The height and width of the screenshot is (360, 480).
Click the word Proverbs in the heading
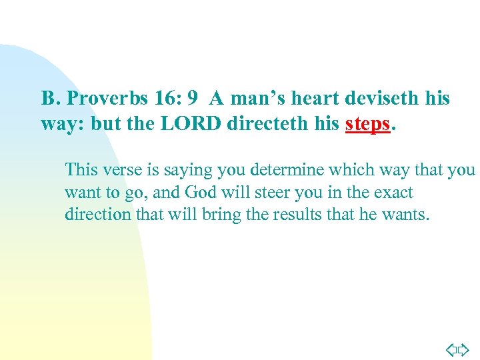pyautogui.click(x=99, y=99)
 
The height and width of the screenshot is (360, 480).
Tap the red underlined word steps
pyautogui.click(x=367, y=124)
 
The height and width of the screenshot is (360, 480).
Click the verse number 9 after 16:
pyautogui.click(x=192, y=99)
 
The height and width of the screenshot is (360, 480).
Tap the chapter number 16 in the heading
pyautogui.click(x=163, y=99)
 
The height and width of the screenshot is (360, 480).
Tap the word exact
pyautogui.click(x=393, y=193)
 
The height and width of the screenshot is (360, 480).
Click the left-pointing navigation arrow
pyautogui.click(x=451, y=349)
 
